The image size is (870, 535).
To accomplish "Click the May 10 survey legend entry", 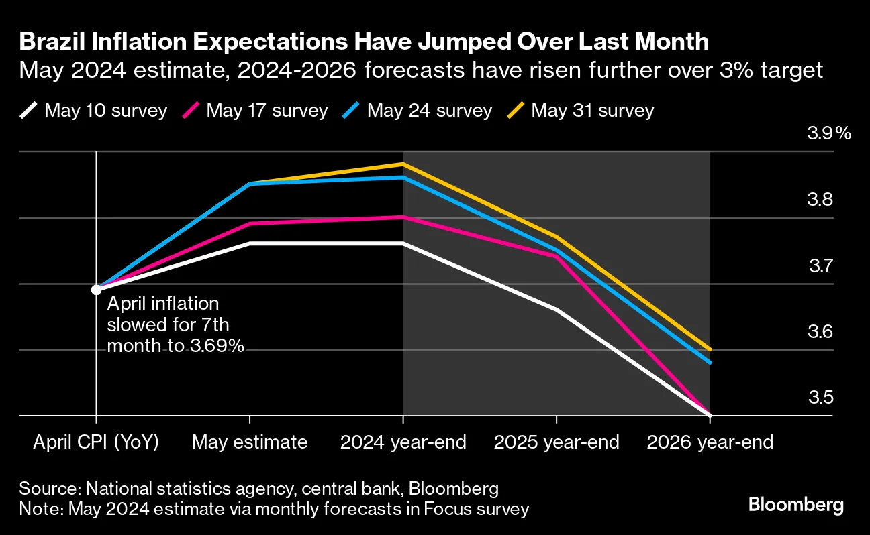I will pos(94,110).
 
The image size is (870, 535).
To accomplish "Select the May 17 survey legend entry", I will pos(256,110).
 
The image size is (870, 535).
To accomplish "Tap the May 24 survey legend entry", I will pos(419,110).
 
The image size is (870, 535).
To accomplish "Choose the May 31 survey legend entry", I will pos(581,110).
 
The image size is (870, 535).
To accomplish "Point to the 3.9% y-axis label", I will pos(829,133).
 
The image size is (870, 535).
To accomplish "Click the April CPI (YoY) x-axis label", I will pos(96,442).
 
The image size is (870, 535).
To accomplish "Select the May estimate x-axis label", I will pos(250,442).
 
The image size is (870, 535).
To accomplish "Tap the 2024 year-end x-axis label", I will pos(403,442).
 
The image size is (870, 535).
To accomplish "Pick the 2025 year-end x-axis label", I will pos(557,442).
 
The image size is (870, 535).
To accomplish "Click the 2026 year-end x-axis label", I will pos(710,442).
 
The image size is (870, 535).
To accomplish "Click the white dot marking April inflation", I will pos(96,290).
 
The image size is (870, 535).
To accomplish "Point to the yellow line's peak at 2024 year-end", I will pos(403,164).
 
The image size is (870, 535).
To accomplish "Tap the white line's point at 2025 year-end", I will pos(557,310).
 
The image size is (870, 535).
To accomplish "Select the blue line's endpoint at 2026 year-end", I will pos(709,363).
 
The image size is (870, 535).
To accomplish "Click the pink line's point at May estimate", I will pos(250,224).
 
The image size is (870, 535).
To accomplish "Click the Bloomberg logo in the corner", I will pos(796,505).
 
